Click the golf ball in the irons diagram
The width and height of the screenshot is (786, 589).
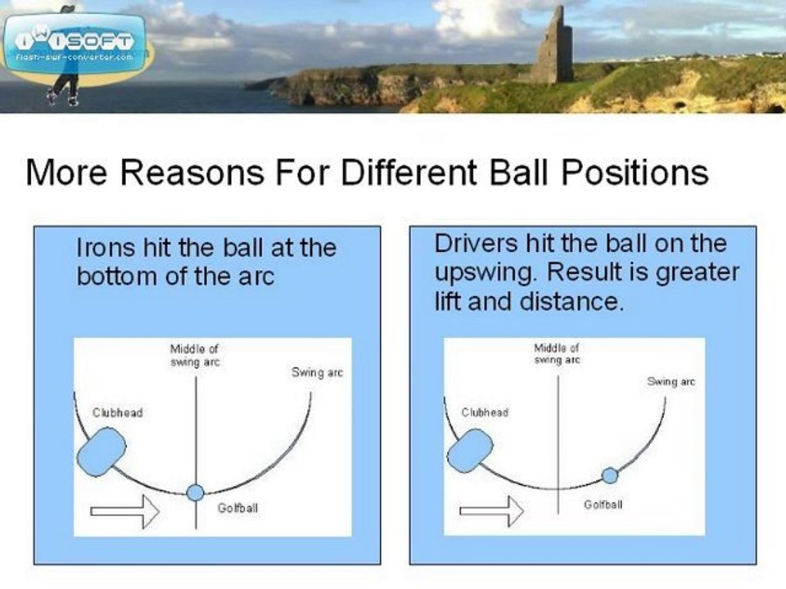pyautogui.click(x=195, y=492)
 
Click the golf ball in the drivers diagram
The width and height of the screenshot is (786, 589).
pyautogui.click(x=609, y=474)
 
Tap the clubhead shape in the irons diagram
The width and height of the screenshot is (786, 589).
pyautogui.click(x=102, y=452)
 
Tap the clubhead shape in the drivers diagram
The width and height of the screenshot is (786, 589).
pyautogui.click(x=470, y=451)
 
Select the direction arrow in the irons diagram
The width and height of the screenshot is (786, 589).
pyautogui.click(x=124, y=511)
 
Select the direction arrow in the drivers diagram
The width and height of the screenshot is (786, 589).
pyautogui.click(x=492, y=510)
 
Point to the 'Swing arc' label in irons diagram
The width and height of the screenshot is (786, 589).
pyautogui.click(x=318, y=372)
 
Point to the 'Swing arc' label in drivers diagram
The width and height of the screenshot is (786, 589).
pyautogui.click(x=671, y=382)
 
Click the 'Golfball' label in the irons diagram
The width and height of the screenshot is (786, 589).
pyautogui.click(x=237, y=508)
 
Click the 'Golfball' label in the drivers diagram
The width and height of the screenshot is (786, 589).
pyautogui.click(x=603, y=505)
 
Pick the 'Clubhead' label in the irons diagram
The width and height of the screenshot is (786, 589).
pyautogui.click(x=118, y=412)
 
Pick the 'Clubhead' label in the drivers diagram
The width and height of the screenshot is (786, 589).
pyautogui.click(x=485, y=412)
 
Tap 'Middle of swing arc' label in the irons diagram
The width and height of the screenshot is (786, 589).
pyautogui.click(x=195, y=355)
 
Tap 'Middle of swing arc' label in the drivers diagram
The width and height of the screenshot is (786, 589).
pyautogui.click(x=557, y=353)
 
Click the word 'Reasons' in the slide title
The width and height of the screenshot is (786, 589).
pyautogui.click(x=192, y=172)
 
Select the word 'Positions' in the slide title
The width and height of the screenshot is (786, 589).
pyautogui.click(x=635, y=172)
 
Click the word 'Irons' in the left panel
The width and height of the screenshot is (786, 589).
pyautogui.click(x=106, y=247)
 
